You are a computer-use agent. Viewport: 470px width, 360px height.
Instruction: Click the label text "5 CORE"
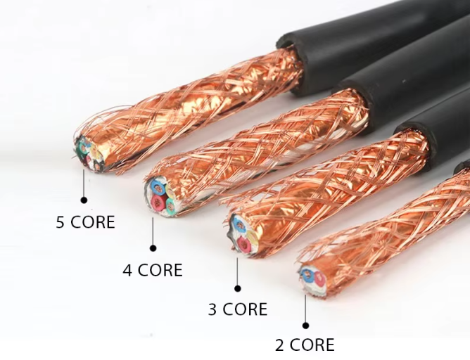[85, 222]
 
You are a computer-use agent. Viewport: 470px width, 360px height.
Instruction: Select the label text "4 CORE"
[153, 270]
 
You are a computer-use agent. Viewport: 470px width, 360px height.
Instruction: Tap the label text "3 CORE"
[238, 309]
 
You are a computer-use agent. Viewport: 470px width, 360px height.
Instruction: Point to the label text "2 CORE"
[305, 345]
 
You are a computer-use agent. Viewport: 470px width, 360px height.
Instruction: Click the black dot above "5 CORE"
[84, 200]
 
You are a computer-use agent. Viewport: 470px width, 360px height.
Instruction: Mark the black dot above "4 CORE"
[153, 247]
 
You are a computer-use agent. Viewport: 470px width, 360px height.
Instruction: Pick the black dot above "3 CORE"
[238, 288]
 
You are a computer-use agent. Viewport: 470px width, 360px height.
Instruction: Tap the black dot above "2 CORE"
[305, 325]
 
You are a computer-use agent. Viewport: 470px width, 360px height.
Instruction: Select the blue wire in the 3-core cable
[239, 225]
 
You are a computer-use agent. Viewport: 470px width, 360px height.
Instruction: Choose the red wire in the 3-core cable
[243, 243]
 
